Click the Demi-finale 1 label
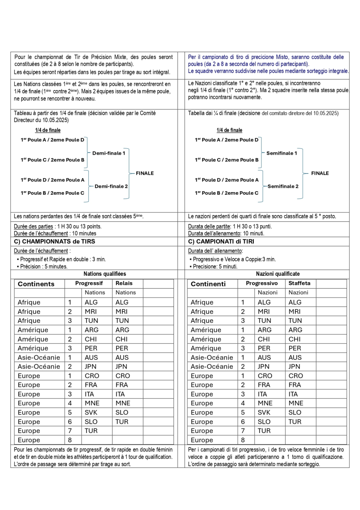coord(109,153)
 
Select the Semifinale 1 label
coord(282,153)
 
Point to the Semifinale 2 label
coord(283,186)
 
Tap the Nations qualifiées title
coord(105,274)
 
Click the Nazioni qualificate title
coord(278,274)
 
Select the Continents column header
coord(36,284)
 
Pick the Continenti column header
coord(208,284)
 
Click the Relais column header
coord(124,283)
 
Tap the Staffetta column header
coord(300,283)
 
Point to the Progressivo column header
coord(262,283)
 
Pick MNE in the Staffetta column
coord(295,403)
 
